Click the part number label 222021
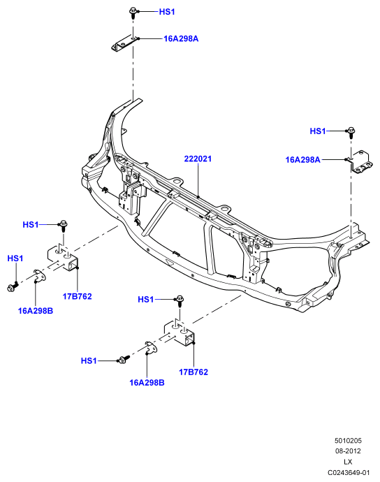pyautogui.click(x=198, y=159)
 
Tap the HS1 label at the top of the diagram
pyautogui.click(x=167, y=12)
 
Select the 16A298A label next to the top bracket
pyautogui.click(x=181, y=38)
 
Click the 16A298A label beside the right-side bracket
pyautogui.click(x=303, y=160)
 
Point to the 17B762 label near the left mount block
pyautogui.click(x=77, y=296)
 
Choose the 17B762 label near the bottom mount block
pyautogui.click(x=193, y=372)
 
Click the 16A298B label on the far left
pyautogui.click(x=36, y=311)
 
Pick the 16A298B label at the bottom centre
pyautogui.click(x=147, y=383)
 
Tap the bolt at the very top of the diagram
pyautogui.click(x=133, y=13)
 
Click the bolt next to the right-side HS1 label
pyautogui.click(x=351, y=133)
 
